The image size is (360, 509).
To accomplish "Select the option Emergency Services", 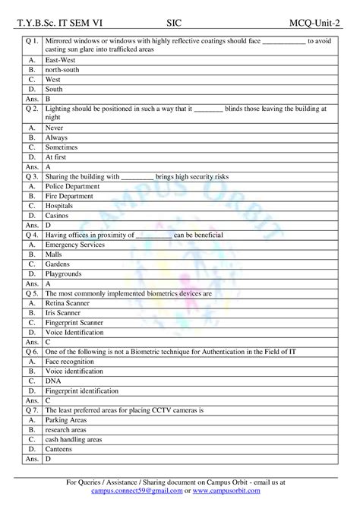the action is tap(77, 245).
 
